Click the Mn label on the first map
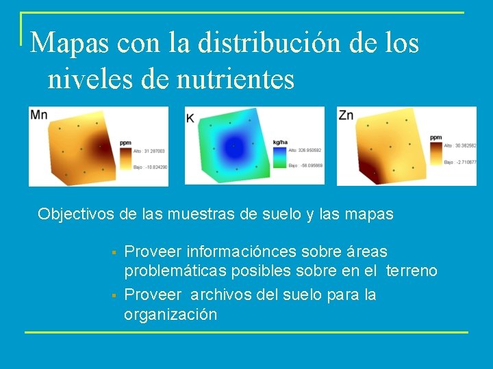39,115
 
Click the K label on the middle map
190,118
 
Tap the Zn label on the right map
346,115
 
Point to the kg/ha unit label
279,142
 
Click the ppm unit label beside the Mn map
125,143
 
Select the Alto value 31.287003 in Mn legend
150,151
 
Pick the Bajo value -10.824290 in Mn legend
150,167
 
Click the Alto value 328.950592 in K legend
305,150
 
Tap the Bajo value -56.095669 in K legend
305,165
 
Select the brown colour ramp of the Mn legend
125,159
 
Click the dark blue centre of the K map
234,145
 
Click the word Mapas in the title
66,44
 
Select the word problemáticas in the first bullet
172,271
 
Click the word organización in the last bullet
170,314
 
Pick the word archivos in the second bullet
222,295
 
